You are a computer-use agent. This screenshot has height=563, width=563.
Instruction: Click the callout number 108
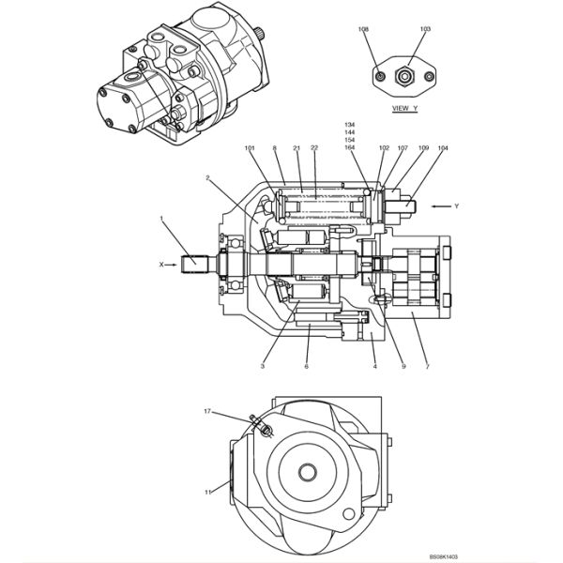coord(363,30)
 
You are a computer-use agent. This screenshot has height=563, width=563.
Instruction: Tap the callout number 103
coord(425,30)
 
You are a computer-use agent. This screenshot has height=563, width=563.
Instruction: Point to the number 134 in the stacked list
coord(350,125)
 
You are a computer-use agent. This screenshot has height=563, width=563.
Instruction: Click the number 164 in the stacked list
coord(350,147)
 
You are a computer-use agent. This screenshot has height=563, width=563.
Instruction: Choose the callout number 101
coord(250,148)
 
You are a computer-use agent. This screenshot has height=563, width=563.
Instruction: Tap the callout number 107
coord(402,148)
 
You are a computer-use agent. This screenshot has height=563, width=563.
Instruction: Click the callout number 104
coord(442,148)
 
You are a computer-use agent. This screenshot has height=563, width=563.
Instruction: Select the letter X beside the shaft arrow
coord(160,265)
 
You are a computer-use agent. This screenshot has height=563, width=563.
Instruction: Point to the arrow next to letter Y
coord(439,205)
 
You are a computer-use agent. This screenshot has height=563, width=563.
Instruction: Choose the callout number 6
coord(306,366)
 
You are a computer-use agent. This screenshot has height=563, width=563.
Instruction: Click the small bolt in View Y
coord(379,75)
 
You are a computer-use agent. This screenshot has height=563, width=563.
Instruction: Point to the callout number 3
coord(264,366)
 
